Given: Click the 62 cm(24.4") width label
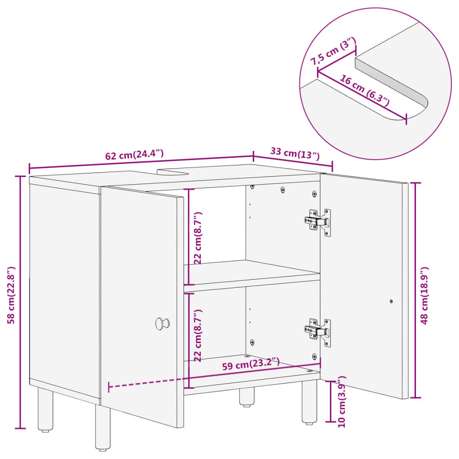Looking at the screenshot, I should point(134,155).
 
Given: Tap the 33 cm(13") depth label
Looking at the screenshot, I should point(294,153).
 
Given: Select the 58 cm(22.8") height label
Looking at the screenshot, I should point(12,295).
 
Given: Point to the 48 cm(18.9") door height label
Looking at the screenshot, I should point(424,295).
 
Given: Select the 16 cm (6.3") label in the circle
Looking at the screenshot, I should point(364,91).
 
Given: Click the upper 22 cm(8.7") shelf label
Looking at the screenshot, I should point(198,238).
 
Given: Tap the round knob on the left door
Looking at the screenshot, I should point(162,323).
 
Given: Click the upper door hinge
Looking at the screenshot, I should point(318,221).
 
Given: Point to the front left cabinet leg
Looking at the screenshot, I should point(103,428).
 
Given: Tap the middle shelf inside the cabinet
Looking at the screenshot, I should point(251,273).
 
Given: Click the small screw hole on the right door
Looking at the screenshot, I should point(391,302).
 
